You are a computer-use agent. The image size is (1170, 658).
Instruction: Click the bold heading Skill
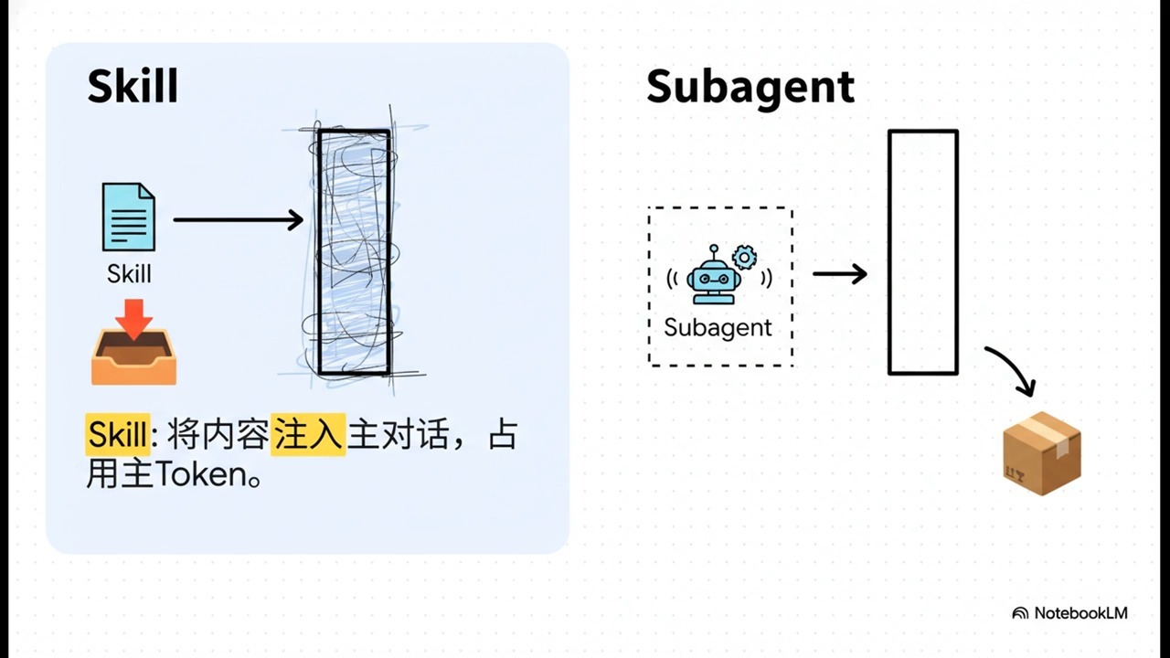[x=133, y=87]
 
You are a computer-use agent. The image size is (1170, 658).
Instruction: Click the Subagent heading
[x=750, y=87]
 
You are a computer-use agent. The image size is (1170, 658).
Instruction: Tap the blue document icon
[x=129, y=217]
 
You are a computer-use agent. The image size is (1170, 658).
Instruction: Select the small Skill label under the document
[x=129, y=273]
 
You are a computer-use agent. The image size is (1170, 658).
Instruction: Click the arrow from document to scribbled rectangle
[x=238, y=219]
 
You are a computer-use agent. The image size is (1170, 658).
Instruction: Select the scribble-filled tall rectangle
[x=354, y=252]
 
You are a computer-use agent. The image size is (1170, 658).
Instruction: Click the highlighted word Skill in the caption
[x=117, y=435]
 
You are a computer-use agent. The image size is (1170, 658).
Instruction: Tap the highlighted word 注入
[x=309, y=435]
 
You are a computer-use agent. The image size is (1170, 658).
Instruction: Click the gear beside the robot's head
[x=745, y=257]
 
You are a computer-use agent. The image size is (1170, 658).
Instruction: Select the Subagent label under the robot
[x=718, y=327]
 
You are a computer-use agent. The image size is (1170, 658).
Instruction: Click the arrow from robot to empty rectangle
[x=839, y=273]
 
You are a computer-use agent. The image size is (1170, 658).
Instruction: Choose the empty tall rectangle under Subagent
[x=923, y=252]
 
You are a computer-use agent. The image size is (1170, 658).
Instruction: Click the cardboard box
[x=1042, y=453]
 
